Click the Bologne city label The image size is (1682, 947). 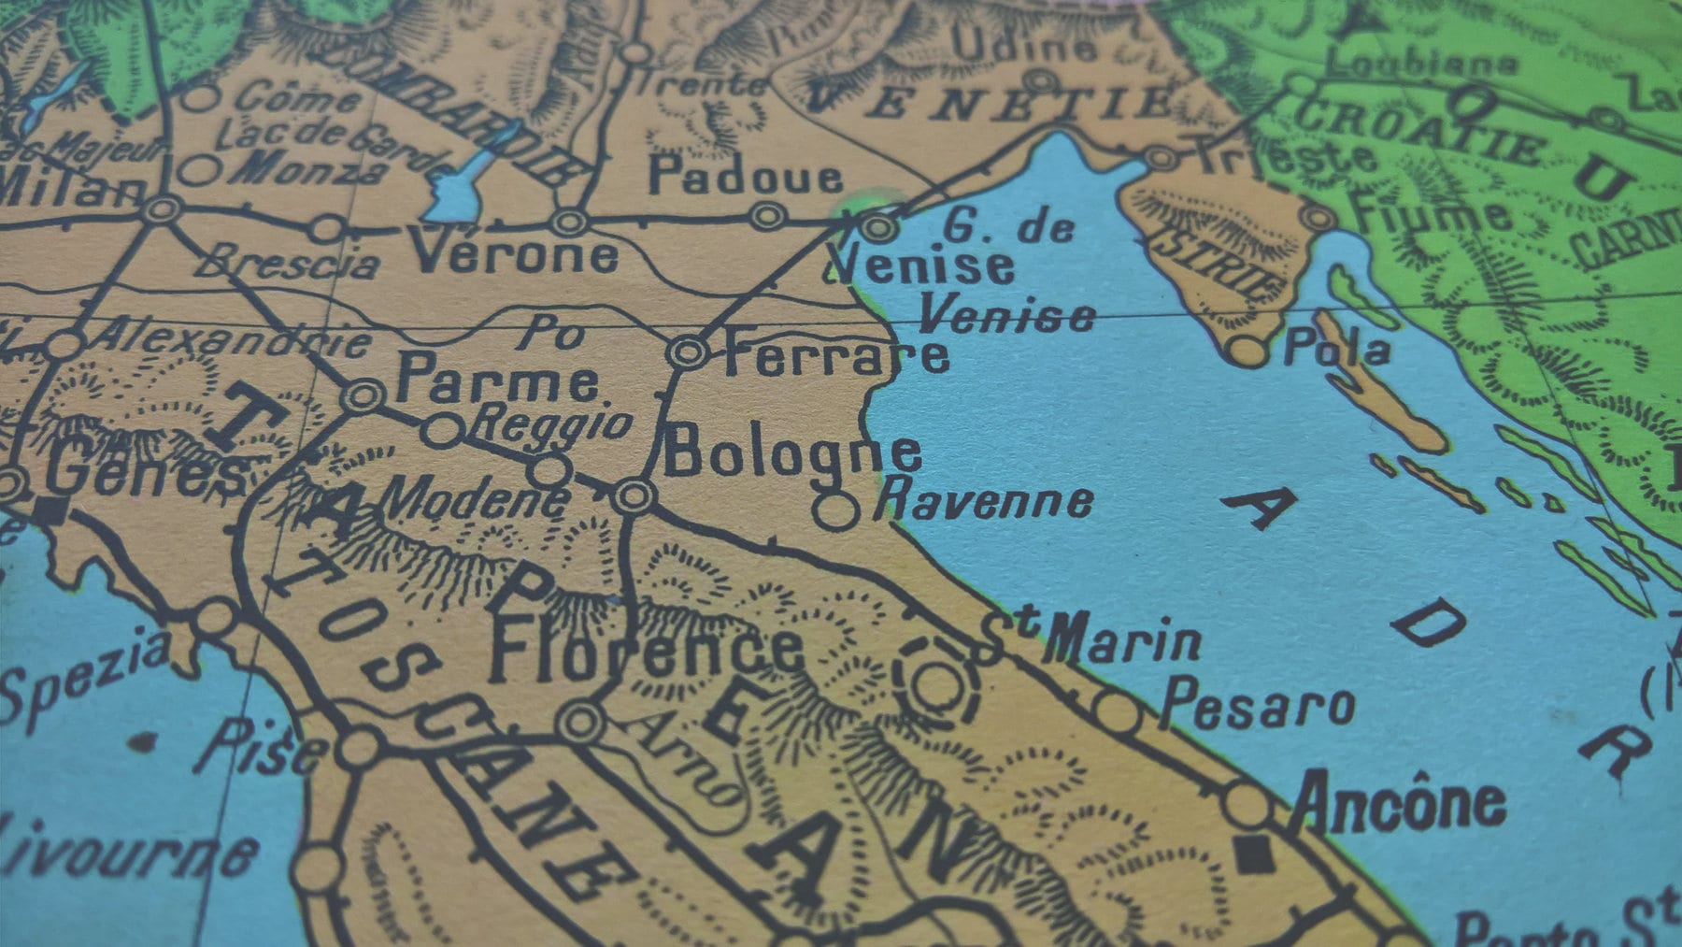click(791, 453)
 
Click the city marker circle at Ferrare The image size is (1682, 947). click(688, 352)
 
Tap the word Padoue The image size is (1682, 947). click(745, 176)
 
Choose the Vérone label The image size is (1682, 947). click(515, 253)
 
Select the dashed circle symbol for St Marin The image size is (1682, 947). click(934, 684)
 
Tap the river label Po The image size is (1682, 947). click(551, 332)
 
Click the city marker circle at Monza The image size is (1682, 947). click(198, 170)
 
